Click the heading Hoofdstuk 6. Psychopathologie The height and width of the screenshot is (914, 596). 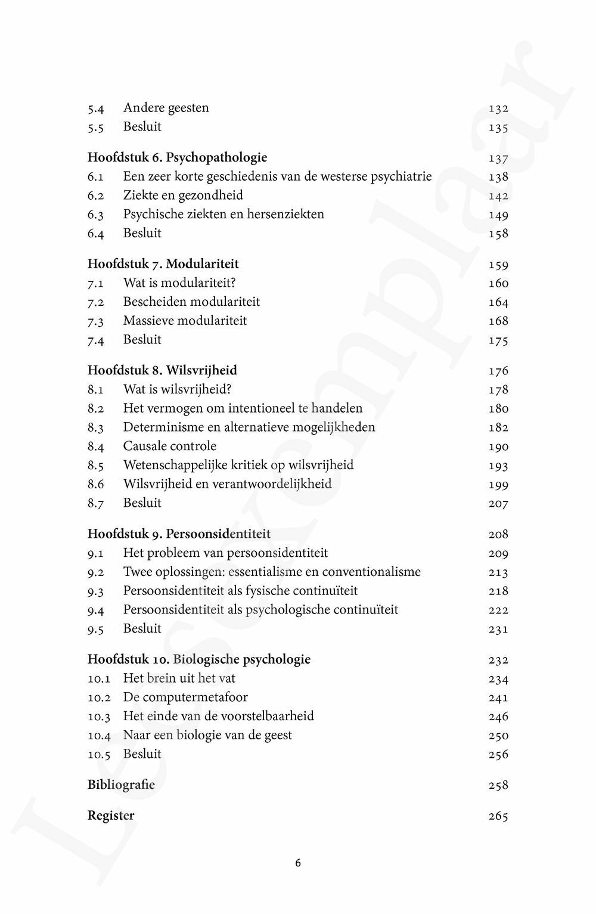177,157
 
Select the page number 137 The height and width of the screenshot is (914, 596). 498,158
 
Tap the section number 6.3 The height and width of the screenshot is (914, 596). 95,215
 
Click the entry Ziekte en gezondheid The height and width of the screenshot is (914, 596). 183,195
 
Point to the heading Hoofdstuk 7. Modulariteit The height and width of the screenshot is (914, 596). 163,264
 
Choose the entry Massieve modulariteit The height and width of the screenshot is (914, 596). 185,320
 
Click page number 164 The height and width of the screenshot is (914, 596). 498,302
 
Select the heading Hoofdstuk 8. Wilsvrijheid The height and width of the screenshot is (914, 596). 162,370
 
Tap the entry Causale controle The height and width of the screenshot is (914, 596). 170,446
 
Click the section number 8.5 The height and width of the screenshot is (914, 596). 95,466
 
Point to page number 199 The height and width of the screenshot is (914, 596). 498,485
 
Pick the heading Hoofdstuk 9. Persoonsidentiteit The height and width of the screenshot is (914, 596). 179,534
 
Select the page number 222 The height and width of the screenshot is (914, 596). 498,610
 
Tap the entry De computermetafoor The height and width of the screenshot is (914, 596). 185,697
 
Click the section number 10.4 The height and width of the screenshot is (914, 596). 99,736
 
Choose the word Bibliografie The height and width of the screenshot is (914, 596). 121,785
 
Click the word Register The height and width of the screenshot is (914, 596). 111,816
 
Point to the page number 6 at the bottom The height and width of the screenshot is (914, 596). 298,863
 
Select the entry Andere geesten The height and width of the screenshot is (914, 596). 166,108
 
